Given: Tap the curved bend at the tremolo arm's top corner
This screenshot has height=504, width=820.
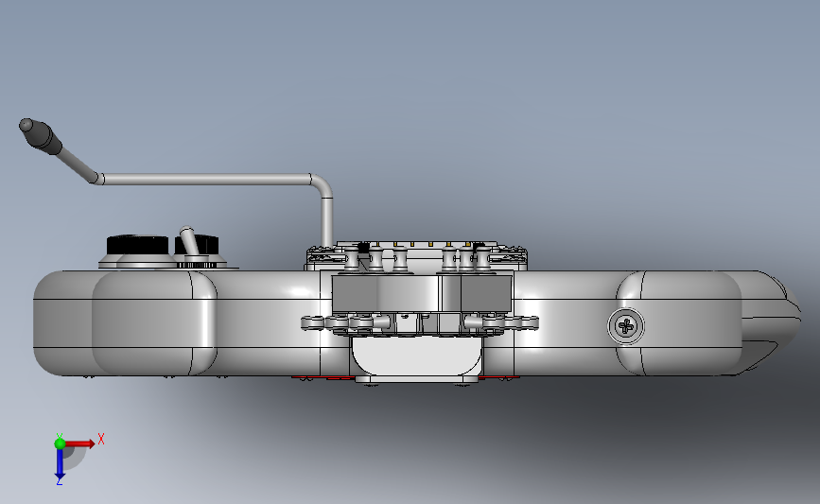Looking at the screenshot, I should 322,182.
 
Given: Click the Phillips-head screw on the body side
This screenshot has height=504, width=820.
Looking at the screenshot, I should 626,327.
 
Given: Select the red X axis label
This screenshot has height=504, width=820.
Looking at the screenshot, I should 101,439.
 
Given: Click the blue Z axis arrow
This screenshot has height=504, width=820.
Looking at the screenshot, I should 59,463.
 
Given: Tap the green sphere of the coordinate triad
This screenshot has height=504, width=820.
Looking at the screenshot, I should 61,443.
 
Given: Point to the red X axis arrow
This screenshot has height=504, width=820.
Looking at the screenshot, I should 79,443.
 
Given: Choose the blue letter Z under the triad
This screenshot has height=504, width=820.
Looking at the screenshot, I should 59,481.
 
